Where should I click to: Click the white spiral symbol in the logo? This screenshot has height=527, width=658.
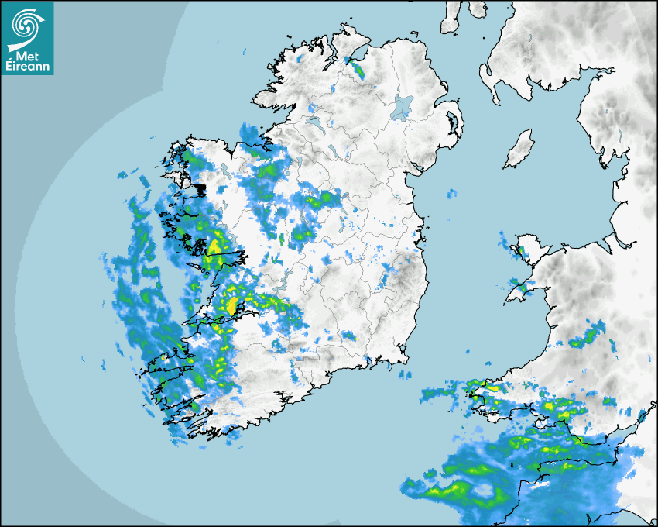27,25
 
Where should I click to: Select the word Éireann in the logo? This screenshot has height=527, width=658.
27,67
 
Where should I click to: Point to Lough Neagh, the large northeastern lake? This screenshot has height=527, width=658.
402,106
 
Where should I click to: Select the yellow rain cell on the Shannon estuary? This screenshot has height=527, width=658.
231,305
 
